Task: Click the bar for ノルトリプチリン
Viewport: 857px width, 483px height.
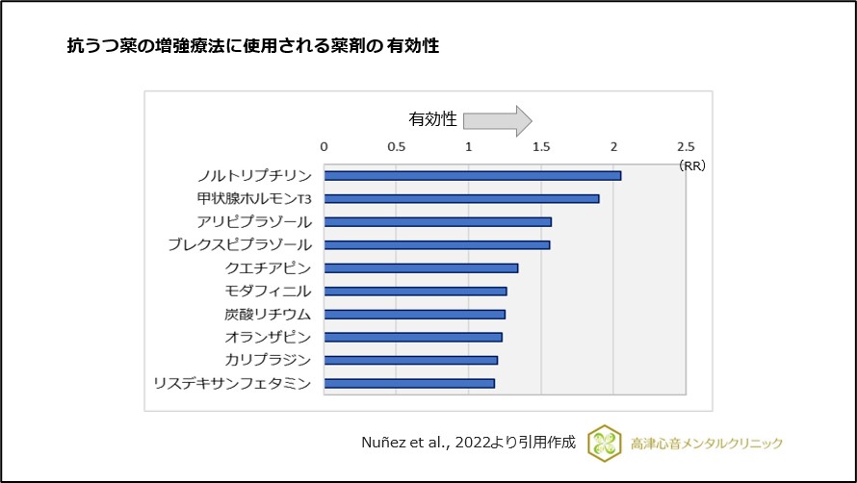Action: click(472, 175)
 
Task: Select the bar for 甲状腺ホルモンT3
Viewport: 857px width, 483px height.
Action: click(461, 198)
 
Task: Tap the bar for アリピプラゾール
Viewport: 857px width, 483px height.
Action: click(437, 221)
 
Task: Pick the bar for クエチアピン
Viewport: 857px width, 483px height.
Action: click(421, 267)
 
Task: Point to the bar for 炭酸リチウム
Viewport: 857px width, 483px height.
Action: click(414, 314)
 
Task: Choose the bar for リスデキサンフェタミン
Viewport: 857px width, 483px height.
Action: click(409, 383)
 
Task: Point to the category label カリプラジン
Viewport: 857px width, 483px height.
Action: click(268, 360)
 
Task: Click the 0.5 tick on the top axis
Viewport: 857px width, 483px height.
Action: click(396, 146)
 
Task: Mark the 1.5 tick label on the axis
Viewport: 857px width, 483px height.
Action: click(541, 146)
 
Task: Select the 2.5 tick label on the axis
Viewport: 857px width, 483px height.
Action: click(685, 146)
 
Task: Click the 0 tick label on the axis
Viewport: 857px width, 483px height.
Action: click(324, 146)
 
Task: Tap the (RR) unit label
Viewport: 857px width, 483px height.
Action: click(691, 165)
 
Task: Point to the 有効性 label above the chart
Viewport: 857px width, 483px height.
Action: click(432, 120)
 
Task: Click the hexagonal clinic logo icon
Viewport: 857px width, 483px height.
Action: click(605, 443)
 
